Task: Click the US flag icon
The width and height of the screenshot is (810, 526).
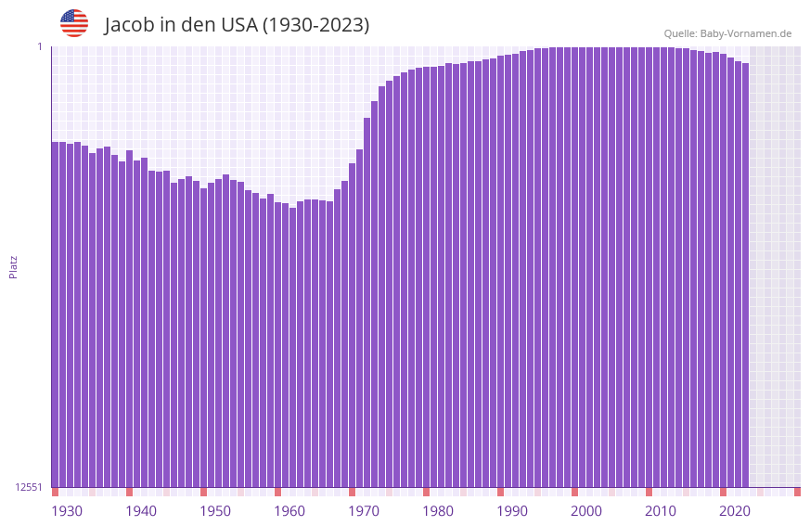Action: (74, 23)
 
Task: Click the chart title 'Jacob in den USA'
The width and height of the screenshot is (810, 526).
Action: (237, 25)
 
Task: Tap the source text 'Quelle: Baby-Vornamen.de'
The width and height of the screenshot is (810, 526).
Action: (727, 33)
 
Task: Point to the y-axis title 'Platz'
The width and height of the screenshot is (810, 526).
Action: (13, 266)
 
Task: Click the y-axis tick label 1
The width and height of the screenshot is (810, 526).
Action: (40, 46)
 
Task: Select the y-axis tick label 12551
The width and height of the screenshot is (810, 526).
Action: (30, 487)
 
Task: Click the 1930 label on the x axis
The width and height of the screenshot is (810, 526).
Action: (67, 511)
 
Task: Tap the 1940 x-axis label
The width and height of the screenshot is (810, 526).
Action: (141, 511)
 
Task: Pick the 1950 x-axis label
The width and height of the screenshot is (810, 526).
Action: (215, 511)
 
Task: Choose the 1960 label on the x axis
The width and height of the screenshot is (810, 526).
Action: (289, 511)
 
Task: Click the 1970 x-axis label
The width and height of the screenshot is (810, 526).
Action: (364, 511)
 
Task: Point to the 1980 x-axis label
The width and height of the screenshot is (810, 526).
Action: (438, 511)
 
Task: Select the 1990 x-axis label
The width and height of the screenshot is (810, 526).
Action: (512, 511)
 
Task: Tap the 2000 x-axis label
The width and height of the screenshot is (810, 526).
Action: (586, 511)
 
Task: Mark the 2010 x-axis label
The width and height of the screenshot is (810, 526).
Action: (661, 511)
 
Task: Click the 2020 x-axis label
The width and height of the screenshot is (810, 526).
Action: (735, 511)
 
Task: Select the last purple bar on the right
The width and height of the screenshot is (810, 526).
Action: (745, 278)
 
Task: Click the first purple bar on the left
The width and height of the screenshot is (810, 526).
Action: (55, 315)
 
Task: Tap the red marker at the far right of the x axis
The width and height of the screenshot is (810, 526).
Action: (797, 492)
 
